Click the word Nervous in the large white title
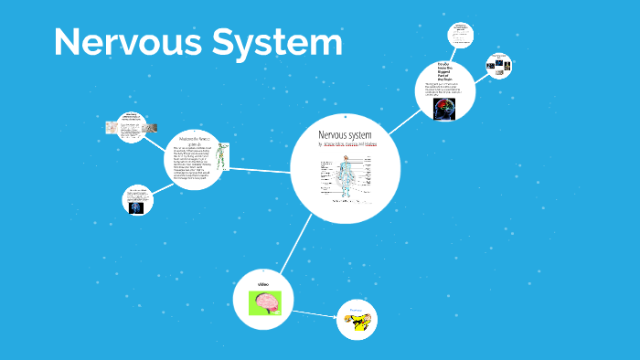tap(118, 43)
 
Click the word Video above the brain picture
tap(263, 284)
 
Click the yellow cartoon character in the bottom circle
tap(357, 321)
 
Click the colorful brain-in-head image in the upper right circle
tap(447, 110)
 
